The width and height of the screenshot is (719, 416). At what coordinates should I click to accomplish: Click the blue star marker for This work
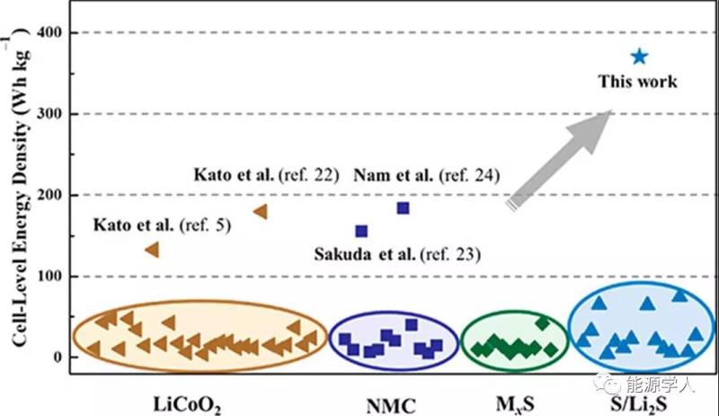[639, 57]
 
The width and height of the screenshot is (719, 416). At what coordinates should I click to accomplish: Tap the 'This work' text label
[638, 82]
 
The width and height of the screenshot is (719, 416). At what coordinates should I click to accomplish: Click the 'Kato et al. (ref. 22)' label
[266, 173]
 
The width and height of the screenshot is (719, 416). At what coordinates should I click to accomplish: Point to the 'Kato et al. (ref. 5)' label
[162, 219]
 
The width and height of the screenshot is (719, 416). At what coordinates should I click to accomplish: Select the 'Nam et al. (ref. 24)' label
[426, 173]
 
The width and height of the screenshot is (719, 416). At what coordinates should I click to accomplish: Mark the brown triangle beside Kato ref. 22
[262, 211]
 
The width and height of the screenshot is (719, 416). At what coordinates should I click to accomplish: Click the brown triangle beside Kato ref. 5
[153, 249]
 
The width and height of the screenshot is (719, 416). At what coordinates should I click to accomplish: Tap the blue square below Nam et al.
[403, 208]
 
